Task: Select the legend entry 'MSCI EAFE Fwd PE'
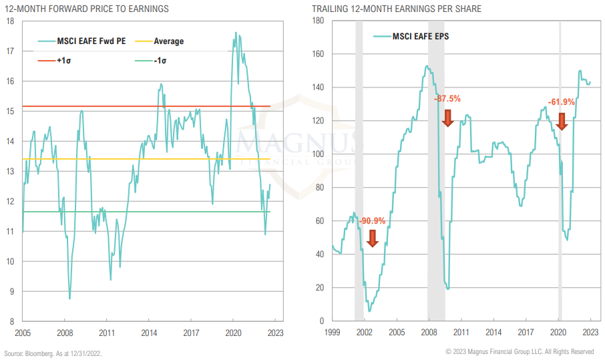(x=89, y=41)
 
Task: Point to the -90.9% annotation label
(x=372, y=221)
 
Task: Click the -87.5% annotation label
(x=447, y=99)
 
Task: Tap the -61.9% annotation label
(x=562, y=102)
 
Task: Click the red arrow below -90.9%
(x=373, y=238)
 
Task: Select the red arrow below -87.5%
(x=448, y=118)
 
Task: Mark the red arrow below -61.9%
(x=562, y=121)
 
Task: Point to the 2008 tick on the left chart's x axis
(x=65, y=332)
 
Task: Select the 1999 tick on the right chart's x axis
(x=332, y=332)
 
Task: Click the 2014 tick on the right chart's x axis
(x=493, y=332)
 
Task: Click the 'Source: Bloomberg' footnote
(x=53, y=352)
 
